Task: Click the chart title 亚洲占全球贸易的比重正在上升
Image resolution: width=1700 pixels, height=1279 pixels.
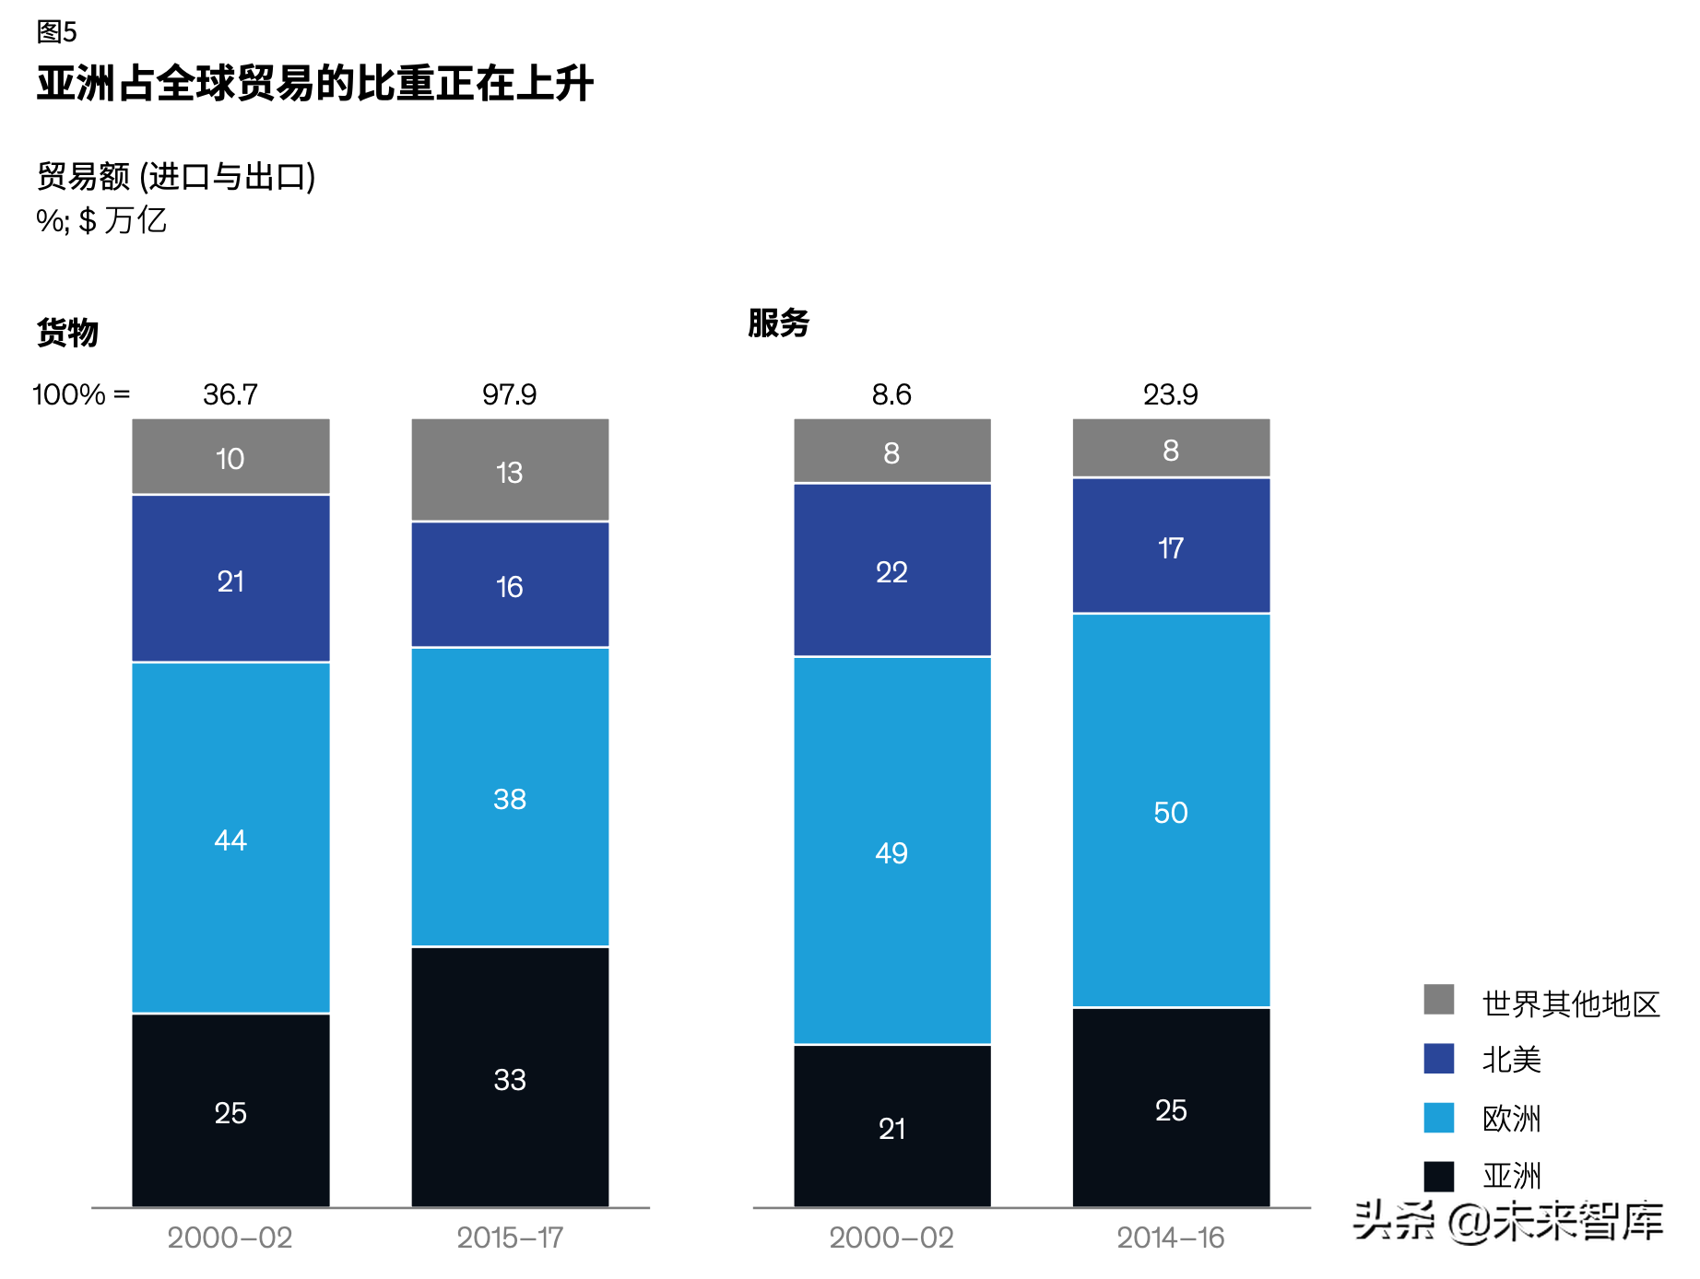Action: [x=314, y=84]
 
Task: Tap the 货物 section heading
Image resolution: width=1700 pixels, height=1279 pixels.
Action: [x=67, y=332]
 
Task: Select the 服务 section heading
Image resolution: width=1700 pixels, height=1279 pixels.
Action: [x=778, y=323]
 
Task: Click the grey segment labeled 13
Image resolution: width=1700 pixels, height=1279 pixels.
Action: [x=510, y=471]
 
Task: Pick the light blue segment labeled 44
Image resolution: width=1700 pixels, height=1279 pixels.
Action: [x=230, y=839]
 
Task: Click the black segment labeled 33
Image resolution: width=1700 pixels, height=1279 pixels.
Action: [x=510, y=1078]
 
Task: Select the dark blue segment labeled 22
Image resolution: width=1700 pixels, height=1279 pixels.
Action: [x=891, y=571]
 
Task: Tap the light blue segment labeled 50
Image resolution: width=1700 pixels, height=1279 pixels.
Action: [x=1171, y=811]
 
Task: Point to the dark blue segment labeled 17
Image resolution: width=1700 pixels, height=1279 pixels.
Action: [x=1171, y=547]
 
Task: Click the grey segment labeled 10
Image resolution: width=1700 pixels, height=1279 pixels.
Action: [x=230, y=458]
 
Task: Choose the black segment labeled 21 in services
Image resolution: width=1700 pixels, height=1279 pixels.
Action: [x=891, y=1127]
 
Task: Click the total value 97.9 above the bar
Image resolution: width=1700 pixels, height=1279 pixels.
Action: [x=509, y=394]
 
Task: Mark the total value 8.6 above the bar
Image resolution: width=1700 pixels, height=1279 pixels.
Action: [x=891, y=394]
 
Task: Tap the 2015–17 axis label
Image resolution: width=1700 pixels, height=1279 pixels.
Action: [x=510, y=1238]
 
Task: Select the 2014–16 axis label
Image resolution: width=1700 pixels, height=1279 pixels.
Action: [x=1171, y=1238]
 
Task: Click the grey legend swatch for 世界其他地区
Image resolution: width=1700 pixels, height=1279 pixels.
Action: [x=1438, y=1000]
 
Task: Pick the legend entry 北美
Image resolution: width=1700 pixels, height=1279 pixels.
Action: [x=1511, y=1060]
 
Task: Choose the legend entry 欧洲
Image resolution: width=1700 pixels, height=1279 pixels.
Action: [x=1511, y=1119]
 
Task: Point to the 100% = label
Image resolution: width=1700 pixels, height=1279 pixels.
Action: [x=81, y=394]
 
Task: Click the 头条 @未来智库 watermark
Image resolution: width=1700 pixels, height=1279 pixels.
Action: [x=1508, y=1221]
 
